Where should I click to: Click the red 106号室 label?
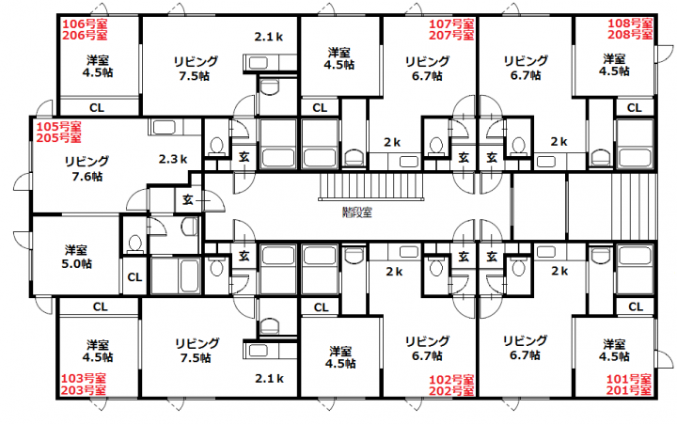pos(85,24)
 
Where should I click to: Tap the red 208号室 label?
pos(630,35)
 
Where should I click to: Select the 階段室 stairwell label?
pos(357,212)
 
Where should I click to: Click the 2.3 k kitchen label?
pos(173,159)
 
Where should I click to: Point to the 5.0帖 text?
pos(76,263)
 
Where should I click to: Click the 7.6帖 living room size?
pos(87,176)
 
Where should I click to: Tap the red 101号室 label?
pos(629,379)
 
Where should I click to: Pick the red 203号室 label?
pos(84,390)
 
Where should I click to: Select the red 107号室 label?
pos(451,24)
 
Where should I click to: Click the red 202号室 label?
pos(451,391)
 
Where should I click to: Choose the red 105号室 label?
pos(58,127)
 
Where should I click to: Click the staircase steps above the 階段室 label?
pos(371,186)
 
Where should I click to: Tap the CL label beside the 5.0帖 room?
pos(134,276)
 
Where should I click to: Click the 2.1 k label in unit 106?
pos(269,37)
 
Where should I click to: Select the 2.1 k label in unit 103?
pos(269,379)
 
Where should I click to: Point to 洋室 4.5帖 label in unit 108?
pos(614,65)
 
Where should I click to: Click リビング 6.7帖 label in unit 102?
pos(428,349)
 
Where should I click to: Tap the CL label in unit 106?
pos(97,107)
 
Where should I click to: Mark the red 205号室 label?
pos(58,138)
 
